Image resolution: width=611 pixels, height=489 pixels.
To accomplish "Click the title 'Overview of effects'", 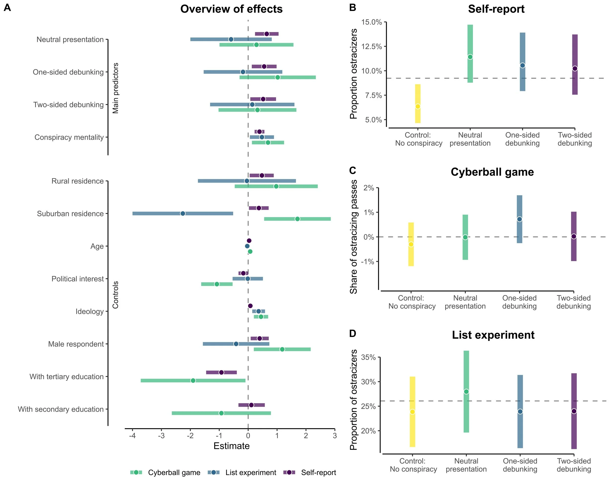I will (x=231, y=9).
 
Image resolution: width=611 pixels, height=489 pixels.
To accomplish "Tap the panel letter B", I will (x=352, y=8).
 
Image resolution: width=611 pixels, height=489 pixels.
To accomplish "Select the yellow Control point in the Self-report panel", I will (x=417, y=107).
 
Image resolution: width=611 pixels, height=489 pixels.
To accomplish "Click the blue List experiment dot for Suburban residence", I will (x=183, y=213).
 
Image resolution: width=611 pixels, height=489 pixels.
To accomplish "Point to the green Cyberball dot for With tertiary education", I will (x=193, y=380).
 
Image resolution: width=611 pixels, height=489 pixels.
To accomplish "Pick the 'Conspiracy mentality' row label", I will (x=69, y=137).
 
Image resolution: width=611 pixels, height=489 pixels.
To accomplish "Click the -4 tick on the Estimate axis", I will (x=132, y=435).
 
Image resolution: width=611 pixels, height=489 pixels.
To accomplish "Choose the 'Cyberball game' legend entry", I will (x=174, y=473).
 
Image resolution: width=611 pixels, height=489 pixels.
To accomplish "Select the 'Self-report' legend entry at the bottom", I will (x=318, y=473).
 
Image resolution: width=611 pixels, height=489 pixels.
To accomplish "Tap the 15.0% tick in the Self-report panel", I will (x=371, y=22).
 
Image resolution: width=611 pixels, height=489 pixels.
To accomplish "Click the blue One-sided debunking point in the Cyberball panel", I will (x=519, y=219).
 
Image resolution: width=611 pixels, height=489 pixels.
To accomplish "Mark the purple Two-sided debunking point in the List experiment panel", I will (x=574, y=411).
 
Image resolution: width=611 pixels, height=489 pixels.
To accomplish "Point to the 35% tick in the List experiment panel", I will (x=368, y=357).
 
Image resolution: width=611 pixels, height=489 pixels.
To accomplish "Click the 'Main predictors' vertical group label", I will (x=116, y=88).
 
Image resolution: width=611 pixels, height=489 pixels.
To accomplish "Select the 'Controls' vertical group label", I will (x=116, y=295).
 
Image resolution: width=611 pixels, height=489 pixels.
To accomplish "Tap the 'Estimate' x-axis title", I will (x=231, y=446).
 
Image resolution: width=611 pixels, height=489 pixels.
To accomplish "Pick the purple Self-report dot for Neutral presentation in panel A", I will (x=267, y=34).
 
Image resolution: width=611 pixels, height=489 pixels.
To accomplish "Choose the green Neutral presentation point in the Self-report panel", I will (x=470, y=57).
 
